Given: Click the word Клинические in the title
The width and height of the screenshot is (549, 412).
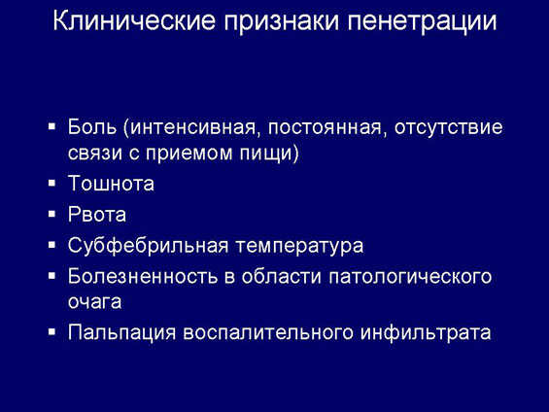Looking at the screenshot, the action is [134, 20].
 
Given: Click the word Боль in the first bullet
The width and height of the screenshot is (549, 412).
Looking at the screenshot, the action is [92, 126].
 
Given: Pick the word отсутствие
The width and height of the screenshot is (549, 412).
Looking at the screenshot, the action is [449, 127].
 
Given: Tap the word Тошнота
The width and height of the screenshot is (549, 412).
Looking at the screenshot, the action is [111, 183].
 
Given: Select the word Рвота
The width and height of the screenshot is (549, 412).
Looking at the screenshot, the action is [97, 214].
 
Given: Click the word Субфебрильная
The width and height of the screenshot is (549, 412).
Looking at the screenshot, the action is [148, 246].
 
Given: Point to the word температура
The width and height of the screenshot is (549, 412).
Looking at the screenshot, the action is [299, 247].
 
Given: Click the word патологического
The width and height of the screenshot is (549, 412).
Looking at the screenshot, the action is [410, 278].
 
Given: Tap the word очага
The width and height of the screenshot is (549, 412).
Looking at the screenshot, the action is [94, 303].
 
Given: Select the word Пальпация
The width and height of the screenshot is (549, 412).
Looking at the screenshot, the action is [121, 332].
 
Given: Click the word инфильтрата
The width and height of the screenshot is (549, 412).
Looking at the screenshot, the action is [426, 332].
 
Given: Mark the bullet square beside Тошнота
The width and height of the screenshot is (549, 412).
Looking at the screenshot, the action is [51, 183].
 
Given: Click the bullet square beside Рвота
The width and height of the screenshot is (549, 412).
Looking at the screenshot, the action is [51, 214].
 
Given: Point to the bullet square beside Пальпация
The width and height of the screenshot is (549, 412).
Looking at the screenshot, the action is [51, 331].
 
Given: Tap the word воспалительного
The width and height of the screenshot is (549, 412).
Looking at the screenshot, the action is [268, 332].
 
